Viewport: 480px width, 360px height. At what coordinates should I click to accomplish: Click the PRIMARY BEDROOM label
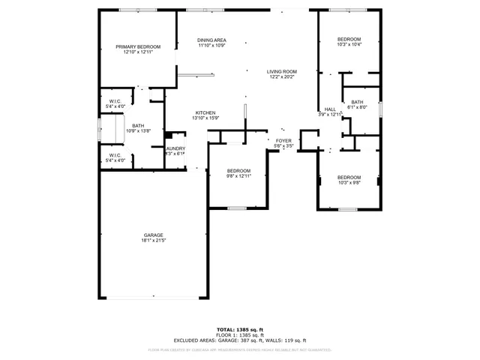tap(138, 46)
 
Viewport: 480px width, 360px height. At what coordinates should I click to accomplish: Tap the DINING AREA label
tap(211, 40)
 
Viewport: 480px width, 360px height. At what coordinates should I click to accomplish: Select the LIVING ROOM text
tap(282, 71)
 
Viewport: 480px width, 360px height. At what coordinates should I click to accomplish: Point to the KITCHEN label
tap(205, 112)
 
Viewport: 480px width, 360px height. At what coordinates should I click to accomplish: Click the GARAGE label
tap(153, 235)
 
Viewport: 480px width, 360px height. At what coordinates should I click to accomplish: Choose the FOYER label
tap(283, 140)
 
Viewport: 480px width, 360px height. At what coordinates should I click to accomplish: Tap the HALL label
tap(330, 109)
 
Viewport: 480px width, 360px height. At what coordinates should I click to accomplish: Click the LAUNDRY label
tap(175, 148)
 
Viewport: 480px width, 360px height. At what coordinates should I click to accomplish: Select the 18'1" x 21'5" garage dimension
tap(153, 241)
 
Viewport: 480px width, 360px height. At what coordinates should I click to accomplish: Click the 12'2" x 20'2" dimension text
tap(282, 76)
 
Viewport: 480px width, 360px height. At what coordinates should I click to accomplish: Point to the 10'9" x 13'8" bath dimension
tap(138, 131)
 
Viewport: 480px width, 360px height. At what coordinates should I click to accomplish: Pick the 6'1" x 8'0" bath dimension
tap(357, 107)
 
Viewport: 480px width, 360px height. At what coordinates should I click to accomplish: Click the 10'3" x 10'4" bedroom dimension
tap(349, 45)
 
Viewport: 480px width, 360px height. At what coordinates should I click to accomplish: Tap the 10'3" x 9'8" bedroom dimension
tap(349, 182)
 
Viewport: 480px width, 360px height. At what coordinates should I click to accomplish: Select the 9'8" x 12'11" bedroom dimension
tap(238, 176)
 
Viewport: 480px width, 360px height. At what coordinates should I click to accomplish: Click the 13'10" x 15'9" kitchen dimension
tap(205, 118)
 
